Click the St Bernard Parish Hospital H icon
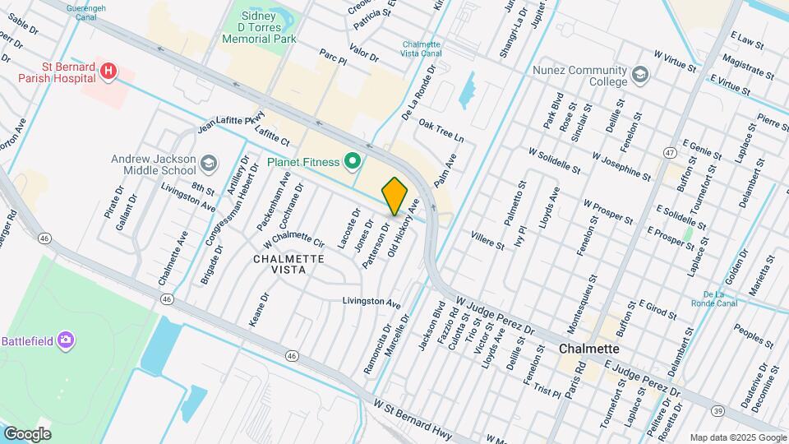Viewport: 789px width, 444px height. point(108,72)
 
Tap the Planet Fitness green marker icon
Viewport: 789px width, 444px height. point(354,161)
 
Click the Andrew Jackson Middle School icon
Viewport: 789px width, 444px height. point(209,162)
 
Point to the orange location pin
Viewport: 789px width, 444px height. point(395,196)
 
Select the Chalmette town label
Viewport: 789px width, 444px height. point(588,349)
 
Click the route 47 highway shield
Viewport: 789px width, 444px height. point(671,153)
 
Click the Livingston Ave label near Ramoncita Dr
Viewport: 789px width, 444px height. point(371,302)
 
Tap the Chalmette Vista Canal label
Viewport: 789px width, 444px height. point(422,49)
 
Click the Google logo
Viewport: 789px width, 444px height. point(27,433)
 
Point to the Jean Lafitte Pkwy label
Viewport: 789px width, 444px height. point(230,121)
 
